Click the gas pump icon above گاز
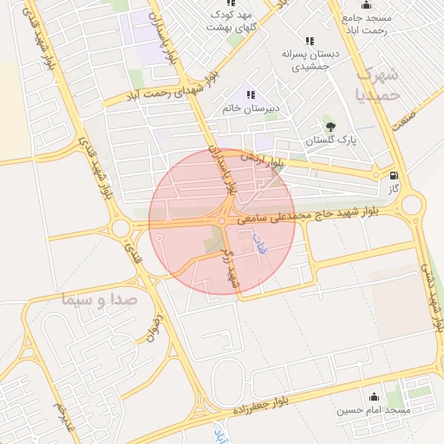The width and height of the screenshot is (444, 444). (395, 174)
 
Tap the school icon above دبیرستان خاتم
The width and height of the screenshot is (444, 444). (251, 95)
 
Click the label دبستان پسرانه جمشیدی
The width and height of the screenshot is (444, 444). (310, 60)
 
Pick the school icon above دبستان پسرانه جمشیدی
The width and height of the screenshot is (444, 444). (310, 41)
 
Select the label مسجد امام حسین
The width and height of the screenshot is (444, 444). (374, 408)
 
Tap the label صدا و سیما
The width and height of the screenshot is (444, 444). (100, 300)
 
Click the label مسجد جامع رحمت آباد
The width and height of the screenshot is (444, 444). (369, 24)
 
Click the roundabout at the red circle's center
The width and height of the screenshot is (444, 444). (222, 221)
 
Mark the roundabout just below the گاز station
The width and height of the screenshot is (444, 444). (411, 206)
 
